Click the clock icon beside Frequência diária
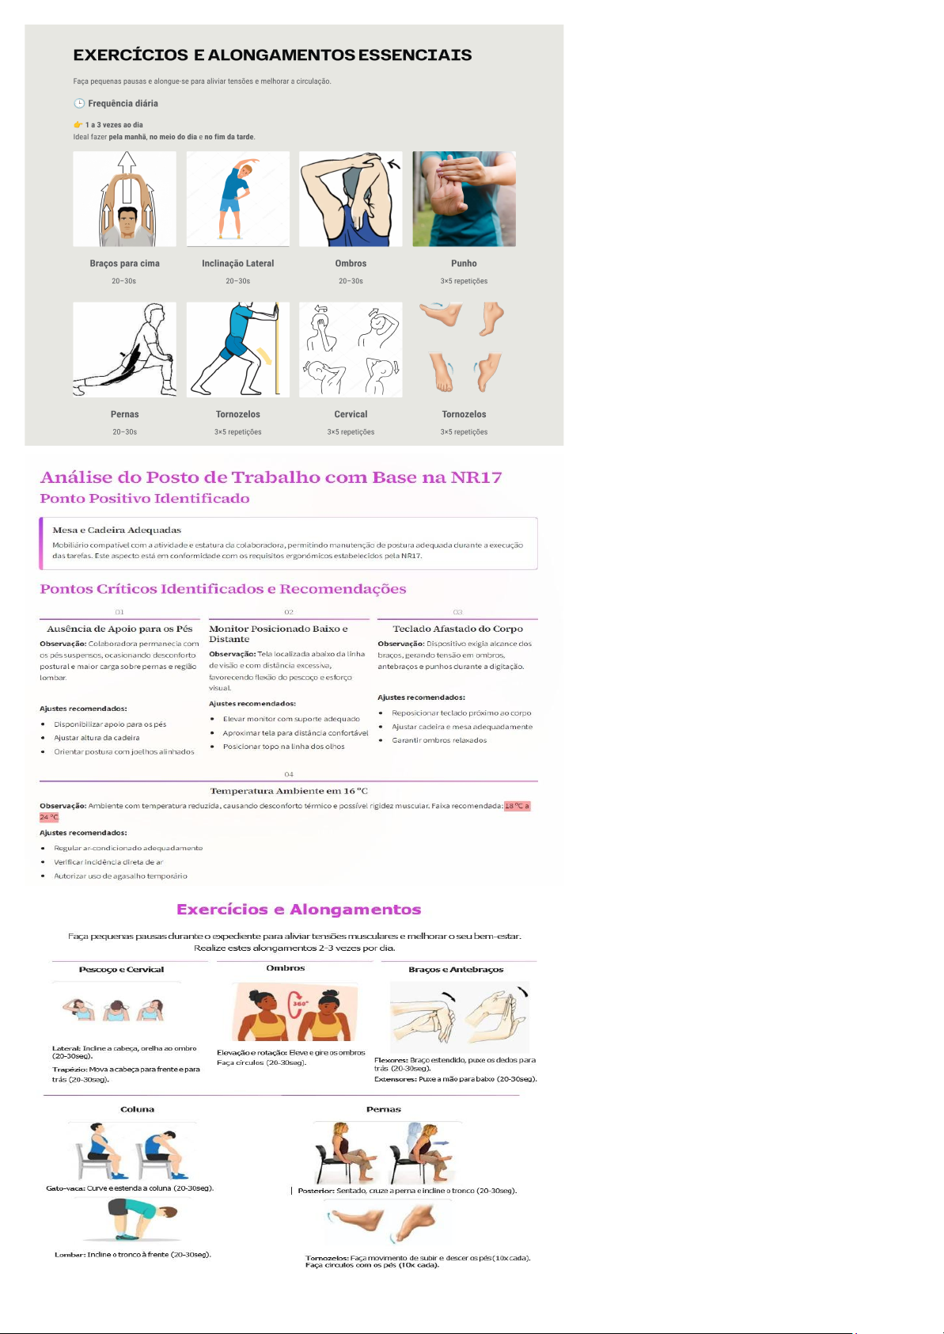tap(78, 104)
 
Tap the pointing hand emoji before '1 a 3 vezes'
tap(78, 125)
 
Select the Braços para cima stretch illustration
tap(124, 199)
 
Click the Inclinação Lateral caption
tap(237, 263)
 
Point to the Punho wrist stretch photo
tap(464, 199)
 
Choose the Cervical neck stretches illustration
tap(351, 350)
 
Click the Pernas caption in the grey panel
tap(124, 415)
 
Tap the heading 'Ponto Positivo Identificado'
tap(145, 499)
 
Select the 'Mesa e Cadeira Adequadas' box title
tap(116, 530)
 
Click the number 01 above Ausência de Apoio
tap(119, 612)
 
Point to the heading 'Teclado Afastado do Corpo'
tap(457, 629)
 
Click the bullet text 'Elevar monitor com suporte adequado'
tap(291, 719)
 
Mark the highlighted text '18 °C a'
tap(517, 806)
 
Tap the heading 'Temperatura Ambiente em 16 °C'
tap(289, 791)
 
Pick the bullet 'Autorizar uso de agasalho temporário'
tap(120, 876)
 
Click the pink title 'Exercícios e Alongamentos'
tap(299, 910)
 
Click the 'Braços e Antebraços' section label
tap(456, 970)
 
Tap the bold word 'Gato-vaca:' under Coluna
tap(66, 1188)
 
